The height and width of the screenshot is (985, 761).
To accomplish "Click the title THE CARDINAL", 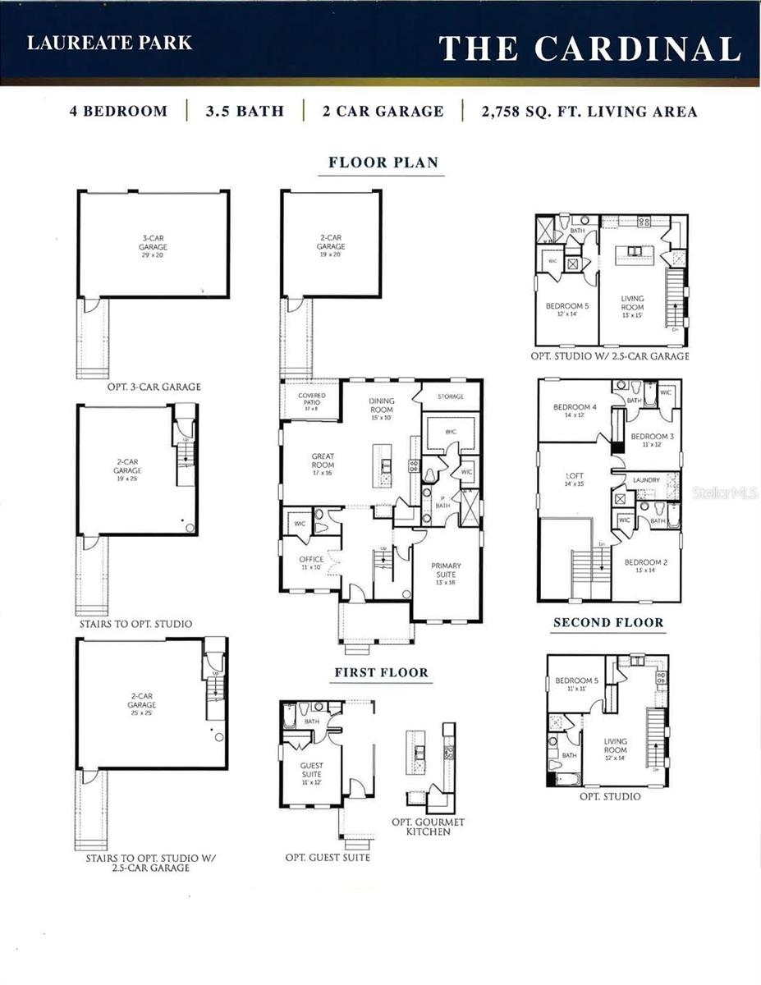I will [589, 48].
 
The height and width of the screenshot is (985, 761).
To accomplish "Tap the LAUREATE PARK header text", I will [109, 44].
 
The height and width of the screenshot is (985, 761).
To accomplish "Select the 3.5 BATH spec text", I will [245, 112].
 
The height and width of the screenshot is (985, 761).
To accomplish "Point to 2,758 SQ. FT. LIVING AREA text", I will [589, 112].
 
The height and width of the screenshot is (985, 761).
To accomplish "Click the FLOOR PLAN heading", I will [383, 163].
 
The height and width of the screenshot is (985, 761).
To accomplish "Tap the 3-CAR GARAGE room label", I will [153, 243].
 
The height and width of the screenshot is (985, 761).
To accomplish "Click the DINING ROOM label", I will [381, 405].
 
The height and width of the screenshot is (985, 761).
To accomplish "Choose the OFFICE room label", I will [311, 560].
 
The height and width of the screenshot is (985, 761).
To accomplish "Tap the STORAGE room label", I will [450, 396].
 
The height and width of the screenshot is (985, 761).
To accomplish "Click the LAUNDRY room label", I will [646, 480].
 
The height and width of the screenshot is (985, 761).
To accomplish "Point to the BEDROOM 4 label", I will [574, 408].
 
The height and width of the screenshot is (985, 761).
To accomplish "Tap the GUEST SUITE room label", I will [311, 769].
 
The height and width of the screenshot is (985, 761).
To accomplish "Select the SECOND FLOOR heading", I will [607, 623].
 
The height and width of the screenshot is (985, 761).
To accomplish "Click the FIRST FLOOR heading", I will [381, 673].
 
